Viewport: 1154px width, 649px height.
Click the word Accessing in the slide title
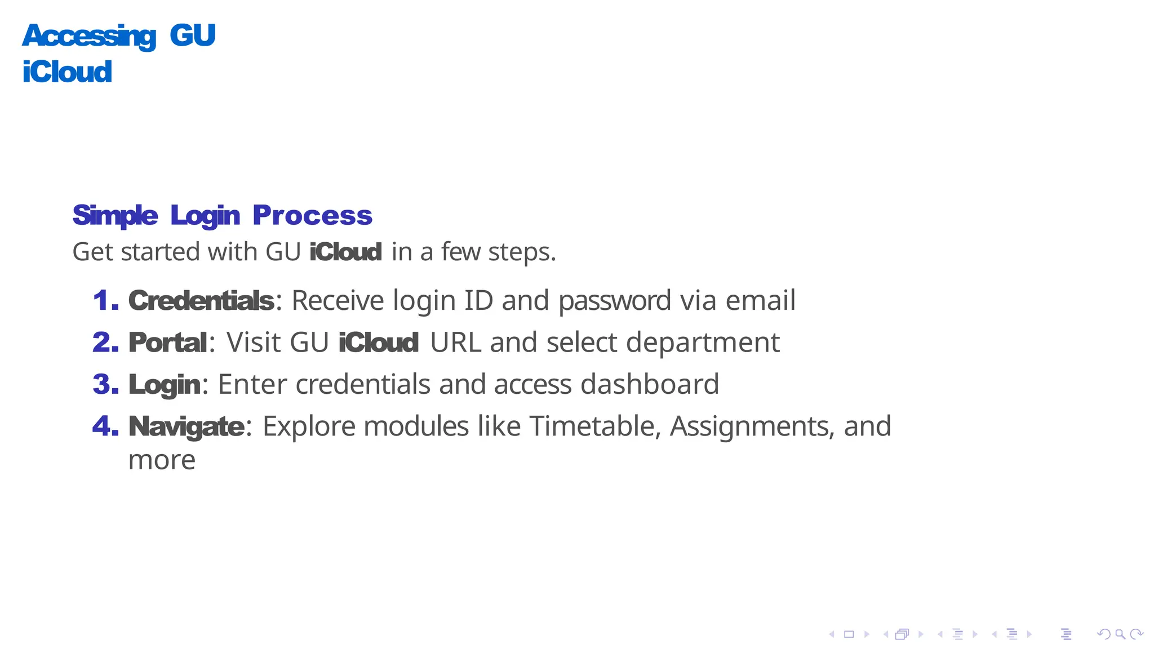point(89,36)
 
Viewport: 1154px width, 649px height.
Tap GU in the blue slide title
point(192,35)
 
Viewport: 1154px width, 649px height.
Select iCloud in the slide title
point(67,72)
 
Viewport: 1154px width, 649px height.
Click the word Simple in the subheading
point(115,215)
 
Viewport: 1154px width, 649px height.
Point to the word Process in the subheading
point(312,215)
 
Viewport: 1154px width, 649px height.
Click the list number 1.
point(105,300)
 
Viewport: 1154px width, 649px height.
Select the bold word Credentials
point(201,300)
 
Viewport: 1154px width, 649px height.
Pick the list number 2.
point(105,343)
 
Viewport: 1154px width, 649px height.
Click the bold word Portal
point(168,343)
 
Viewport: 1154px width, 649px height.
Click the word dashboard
point(650,384)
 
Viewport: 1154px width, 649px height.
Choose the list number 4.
point(105,426)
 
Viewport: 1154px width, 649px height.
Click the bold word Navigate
point(186,427)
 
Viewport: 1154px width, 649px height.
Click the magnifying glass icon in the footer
point(1120,634)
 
